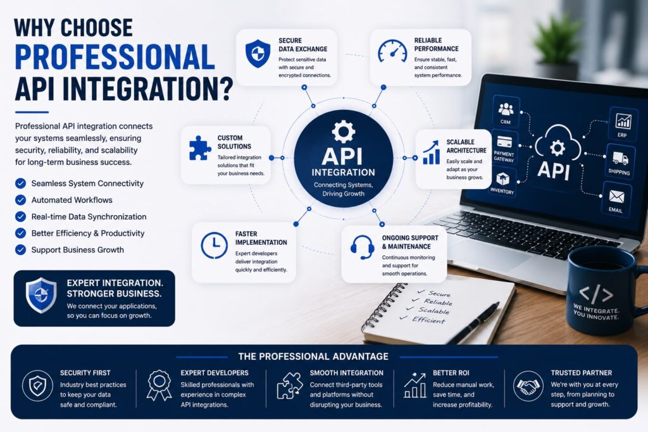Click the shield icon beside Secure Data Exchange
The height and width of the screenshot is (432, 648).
click(x=258, y=54)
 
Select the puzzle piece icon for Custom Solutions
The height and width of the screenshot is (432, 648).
click(x=199, y=148)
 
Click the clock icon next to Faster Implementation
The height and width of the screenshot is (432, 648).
click(x=214, y=245)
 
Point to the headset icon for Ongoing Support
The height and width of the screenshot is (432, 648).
click(x=362, y=247)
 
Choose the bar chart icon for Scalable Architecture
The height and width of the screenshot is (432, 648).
click(x=430, y=152)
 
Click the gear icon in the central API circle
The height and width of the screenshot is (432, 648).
click(x=344, y=132)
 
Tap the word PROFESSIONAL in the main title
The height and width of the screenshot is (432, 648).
click(x=115, y=57)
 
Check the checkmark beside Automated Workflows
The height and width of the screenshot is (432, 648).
click(x=21, y=200)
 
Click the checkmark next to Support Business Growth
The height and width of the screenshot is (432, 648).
click(x=21, y=250)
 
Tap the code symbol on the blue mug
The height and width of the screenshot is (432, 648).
click(x=595, y=294)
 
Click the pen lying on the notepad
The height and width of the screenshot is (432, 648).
click(x=474, y=322)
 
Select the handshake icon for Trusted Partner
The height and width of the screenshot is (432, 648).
click(x=528, y=386)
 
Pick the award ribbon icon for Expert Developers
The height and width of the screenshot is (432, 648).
click(x=159, y=385)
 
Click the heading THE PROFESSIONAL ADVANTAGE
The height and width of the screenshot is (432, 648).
click(x=313, y=357)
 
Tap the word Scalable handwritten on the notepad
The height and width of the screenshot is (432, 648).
click(x=433, y=311)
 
